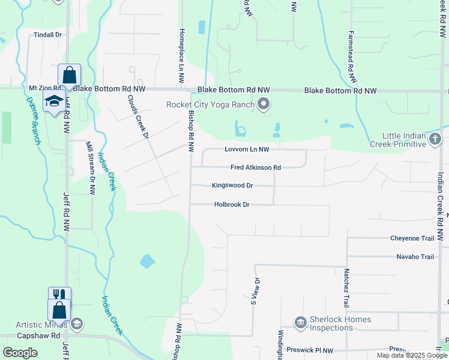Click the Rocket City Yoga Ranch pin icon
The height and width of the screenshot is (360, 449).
(264, 105)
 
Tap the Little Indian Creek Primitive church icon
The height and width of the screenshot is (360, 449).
(436, 140)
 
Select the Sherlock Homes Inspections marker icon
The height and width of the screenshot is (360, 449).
(300, 323)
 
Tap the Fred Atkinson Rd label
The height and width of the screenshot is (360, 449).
(256, 168)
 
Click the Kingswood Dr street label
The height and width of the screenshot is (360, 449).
(232, 185)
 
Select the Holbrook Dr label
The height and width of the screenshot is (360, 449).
(232, 205)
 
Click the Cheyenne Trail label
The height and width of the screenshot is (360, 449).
(412, 238)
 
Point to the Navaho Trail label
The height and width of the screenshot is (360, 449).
(415, 257)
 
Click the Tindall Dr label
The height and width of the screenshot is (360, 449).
(48, 35)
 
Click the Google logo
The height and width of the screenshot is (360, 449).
(20, 353)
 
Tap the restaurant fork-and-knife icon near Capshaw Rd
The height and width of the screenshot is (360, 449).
(59, 294)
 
